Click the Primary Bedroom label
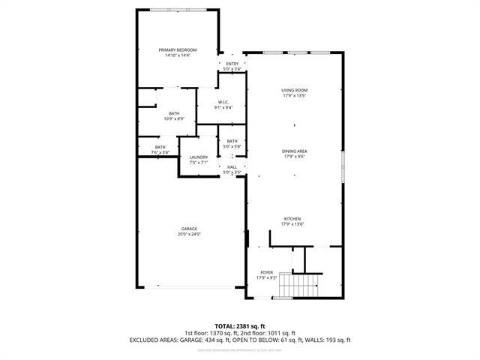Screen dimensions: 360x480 (177, 49)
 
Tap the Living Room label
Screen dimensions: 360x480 (295, 91)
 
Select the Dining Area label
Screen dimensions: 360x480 (295, 151)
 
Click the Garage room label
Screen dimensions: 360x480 (190, 229)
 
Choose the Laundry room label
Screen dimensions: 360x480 (198, 157)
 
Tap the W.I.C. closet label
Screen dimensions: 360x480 (223, 102)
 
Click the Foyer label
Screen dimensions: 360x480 (267, 272)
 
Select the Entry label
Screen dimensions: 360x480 (232, 64)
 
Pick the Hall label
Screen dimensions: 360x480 (232, 167)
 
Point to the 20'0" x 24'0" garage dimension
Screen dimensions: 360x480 (190, 234)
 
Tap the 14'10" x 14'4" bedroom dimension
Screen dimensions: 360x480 (177, 55)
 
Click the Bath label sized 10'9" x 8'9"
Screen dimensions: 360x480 (174, 113)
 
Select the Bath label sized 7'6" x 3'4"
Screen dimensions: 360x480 (160, 147)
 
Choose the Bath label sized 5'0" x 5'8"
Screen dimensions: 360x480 (232, 141)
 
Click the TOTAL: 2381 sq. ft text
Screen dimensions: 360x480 (239, 326)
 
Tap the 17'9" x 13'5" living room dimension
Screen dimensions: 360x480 (295, 96)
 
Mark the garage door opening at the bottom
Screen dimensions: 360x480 (190, 286)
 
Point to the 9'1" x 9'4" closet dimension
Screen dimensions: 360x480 (223, 107)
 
